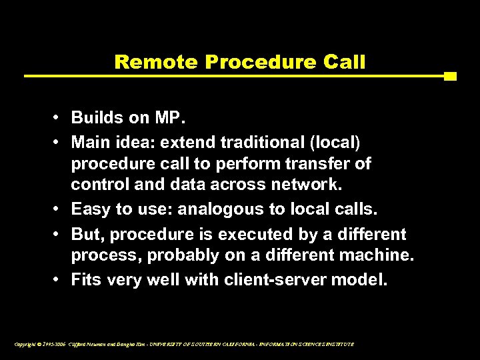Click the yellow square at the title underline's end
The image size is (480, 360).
coord(450,76)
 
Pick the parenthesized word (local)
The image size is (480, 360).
coord(331,141)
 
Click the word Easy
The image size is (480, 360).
coord(91,209)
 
